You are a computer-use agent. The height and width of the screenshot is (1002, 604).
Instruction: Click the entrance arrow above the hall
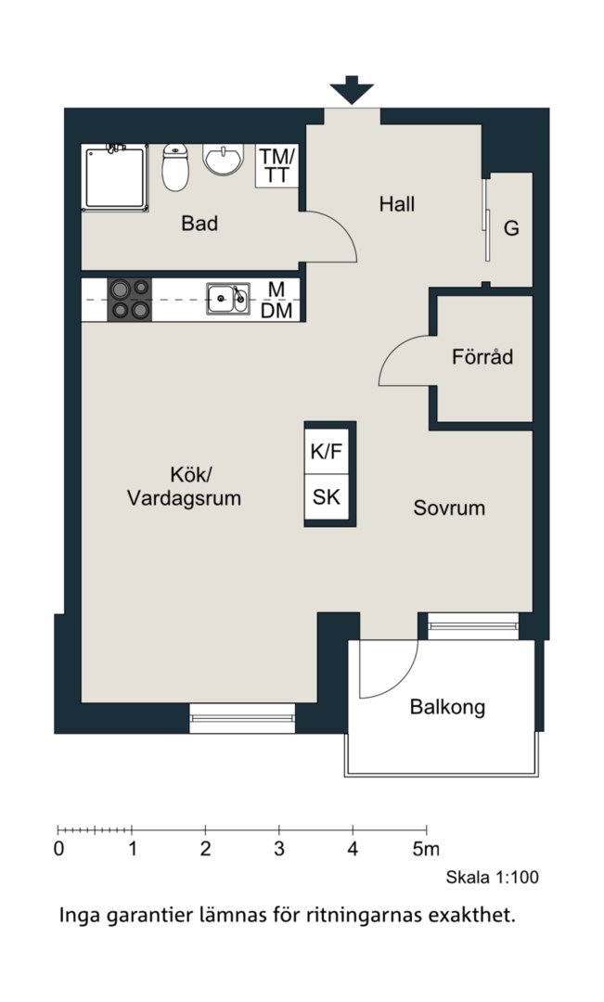[x=352, y=89]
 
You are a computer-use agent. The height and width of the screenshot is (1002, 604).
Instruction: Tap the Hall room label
[x=397, y=204]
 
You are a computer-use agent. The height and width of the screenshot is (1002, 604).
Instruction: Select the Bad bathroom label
[x=199, y=223]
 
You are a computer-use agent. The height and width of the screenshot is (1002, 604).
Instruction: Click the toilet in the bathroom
[x=175, y=167]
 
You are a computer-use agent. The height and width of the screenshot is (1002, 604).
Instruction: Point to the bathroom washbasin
[x=223, y=158]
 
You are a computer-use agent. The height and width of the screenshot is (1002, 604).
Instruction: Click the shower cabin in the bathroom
[x=115, y=177]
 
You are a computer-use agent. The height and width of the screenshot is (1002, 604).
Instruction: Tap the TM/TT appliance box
[x=276, y=165]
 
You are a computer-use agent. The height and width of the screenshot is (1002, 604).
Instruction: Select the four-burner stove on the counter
[x=130, y=300]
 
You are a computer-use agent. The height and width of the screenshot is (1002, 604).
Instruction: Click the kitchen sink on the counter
[x=228, y=299]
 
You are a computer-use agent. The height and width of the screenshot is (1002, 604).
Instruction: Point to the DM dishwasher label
[x=276, y=311]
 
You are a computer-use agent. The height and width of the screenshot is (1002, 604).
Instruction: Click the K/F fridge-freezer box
[x=327, y=451]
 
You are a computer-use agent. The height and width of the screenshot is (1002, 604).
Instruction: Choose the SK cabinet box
[x=327, y=497]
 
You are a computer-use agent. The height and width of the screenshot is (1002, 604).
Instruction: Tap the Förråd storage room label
[x=482, y=356]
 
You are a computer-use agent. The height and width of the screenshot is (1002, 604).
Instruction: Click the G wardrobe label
[x=511, y=228]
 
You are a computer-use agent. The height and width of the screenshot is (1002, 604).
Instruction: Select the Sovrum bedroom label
[x=449, y=508]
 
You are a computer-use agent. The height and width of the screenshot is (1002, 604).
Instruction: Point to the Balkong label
[x=447, y=707]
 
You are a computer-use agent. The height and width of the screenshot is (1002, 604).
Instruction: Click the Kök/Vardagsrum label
[x=185, y=486]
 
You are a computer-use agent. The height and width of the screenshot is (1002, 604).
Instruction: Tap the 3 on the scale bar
[x=279, y=850]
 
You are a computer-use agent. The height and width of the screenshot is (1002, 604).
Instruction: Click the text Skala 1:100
[x=492, y=878]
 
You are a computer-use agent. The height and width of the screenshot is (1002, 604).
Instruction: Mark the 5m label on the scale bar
[x=426, y=850]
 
